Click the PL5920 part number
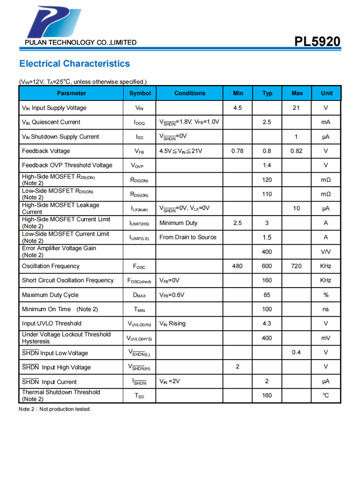tap(317, 41)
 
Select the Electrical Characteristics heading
tap(74, 64)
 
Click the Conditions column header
tap(190, 93)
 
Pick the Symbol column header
tap(140, 93)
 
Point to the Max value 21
tap(296, 108)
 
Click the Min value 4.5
tap(238, 108)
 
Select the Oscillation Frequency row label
tap(51, 266)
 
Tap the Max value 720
tap(296, 266)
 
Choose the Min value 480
tap(238, 266)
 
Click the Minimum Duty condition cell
tap(178, 223)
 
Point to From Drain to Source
tap(188, 237)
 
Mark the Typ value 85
tap(267, 295)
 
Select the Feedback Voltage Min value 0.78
tap(238, 151)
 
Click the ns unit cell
tap(326, 309)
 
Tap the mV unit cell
tap(326, 338)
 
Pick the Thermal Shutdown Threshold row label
tap(61, 396)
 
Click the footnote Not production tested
tap(55, 409)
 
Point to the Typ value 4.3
tap(267, 324)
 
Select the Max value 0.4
tap(296, 352)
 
